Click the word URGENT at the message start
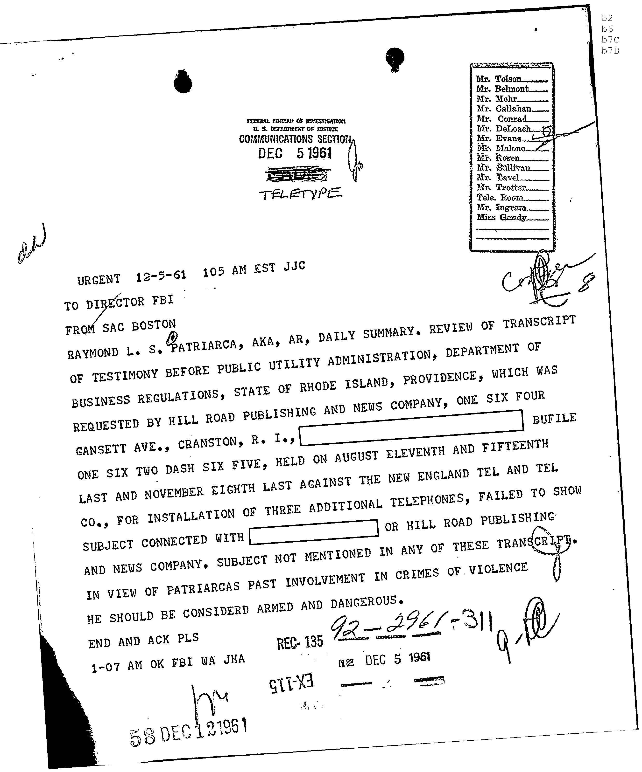pos(99,280)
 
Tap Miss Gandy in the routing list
pos(501,217)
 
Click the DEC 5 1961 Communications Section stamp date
pos(295,153)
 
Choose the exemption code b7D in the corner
pos(610,51)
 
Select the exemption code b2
pos(607,18)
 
